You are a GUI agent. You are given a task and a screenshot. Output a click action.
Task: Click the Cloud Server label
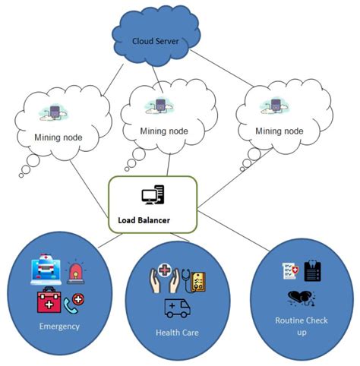click(156, 41)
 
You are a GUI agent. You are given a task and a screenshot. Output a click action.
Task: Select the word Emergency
click(58, 327)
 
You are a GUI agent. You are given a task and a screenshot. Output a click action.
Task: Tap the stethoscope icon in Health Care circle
click(183, 279)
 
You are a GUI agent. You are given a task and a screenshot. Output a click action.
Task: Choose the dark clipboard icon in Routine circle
click(311, 271)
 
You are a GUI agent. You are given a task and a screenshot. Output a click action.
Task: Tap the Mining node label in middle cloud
click(163, 131)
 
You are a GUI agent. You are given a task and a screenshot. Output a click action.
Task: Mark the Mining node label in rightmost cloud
click(278, 131)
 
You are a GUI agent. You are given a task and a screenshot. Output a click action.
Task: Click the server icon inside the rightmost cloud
click(272, 106)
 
